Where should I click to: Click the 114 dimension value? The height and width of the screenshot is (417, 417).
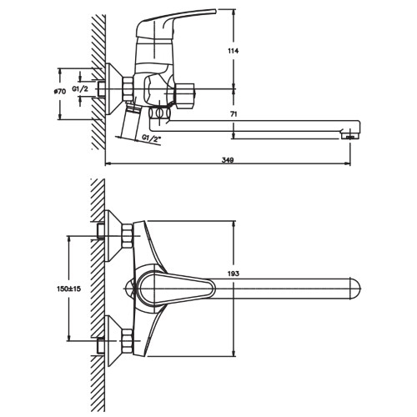[233, 51]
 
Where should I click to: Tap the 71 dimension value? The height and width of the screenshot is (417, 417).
[234, 114]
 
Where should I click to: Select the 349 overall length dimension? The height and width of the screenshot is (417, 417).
[228, 160]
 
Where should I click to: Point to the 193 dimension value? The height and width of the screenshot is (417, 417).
[234, 274]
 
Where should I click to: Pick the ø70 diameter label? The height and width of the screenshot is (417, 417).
[60, 91]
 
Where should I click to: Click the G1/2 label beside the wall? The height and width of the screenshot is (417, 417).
[80, 89]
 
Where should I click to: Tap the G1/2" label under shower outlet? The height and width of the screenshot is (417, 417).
[152, 138]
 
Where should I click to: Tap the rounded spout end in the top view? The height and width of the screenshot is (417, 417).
[354, 289]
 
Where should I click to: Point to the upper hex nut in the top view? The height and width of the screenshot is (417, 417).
[127, 236]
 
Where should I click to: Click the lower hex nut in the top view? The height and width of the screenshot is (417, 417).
[127, 341]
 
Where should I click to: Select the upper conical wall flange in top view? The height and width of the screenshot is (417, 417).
[114, 236]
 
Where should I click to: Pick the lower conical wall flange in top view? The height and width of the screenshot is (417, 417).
[114, 341]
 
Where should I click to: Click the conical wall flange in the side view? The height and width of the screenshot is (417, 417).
[114, 89]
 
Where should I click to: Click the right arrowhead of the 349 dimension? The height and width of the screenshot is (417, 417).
[348, 163]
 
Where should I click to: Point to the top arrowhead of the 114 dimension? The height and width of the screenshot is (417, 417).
[234, 12]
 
